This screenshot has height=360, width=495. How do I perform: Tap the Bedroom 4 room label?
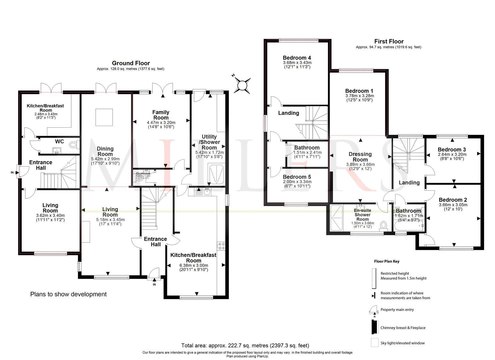click(x=297, y=58)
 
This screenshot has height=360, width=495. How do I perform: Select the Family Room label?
click(x=161, y=115)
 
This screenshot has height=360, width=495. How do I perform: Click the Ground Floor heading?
click(x=131, y=63)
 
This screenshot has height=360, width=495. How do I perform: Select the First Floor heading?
click(x=389, y=41)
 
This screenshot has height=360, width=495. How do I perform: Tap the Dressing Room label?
click(x=360, y=157)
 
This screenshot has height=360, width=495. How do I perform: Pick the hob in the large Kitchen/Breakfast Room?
click(x=221, y=246)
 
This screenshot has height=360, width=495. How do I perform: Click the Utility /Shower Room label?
click(x=209, y=142)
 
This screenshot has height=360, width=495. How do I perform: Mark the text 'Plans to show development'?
click(x=68, y=294)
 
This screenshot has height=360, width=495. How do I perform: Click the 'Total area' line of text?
click(x=245, y=345)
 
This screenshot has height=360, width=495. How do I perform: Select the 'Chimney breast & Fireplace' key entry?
click(x=403, y=328)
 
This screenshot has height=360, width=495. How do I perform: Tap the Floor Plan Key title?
click(x=386, y=261)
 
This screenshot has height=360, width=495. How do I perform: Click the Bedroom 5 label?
click(x=297, y=177)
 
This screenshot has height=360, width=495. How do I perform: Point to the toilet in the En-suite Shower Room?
click(x=383, y=226)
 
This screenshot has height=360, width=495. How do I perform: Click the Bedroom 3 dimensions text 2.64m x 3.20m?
click(x=452, y=154)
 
